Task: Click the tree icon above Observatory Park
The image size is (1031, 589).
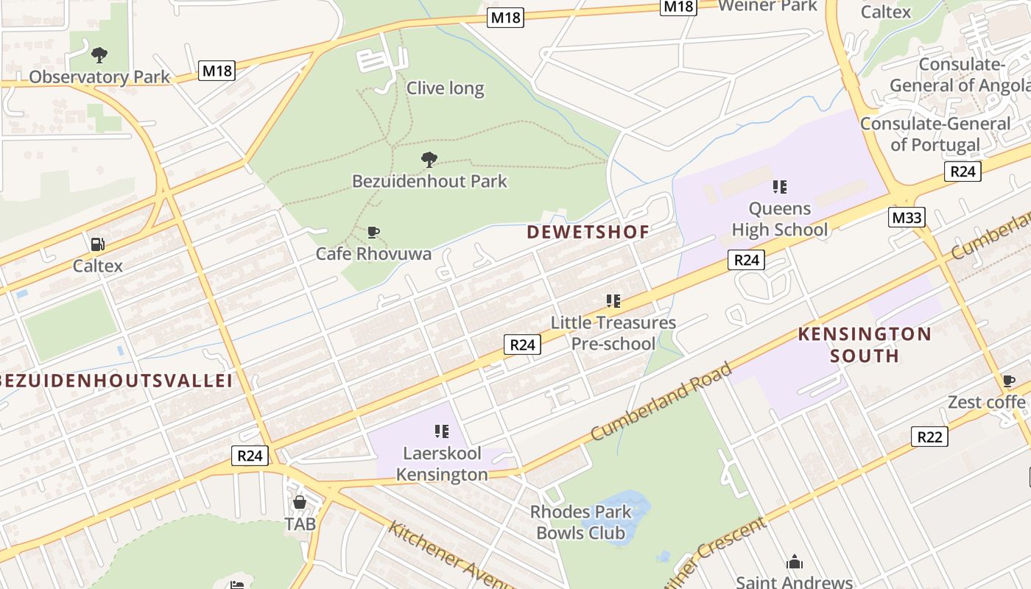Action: point(99,54)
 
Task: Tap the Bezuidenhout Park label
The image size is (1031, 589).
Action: point(429,181)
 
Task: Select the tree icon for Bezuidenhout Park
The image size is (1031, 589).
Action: point(429,159)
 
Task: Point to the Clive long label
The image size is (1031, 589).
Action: point(445,88)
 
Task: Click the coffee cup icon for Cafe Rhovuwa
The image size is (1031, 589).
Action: point(373,233)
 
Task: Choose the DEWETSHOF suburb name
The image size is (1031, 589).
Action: point(588,233)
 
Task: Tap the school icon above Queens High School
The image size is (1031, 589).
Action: point(780,187)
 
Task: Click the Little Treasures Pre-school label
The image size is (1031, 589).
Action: point(613,333)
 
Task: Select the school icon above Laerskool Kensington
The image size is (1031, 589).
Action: point(442,431)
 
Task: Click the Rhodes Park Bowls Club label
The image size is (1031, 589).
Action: point(580,522)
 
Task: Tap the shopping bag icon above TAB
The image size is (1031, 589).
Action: point(300,503)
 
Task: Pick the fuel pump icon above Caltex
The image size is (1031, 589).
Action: point(96,244)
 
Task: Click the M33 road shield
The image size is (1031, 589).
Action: point(906,217)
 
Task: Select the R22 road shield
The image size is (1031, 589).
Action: point(929,437)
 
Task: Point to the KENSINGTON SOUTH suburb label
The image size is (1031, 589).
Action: point(865,345)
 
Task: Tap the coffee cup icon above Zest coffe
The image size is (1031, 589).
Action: point(1008,381)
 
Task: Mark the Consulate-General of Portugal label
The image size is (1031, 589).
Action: point(935,134)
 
